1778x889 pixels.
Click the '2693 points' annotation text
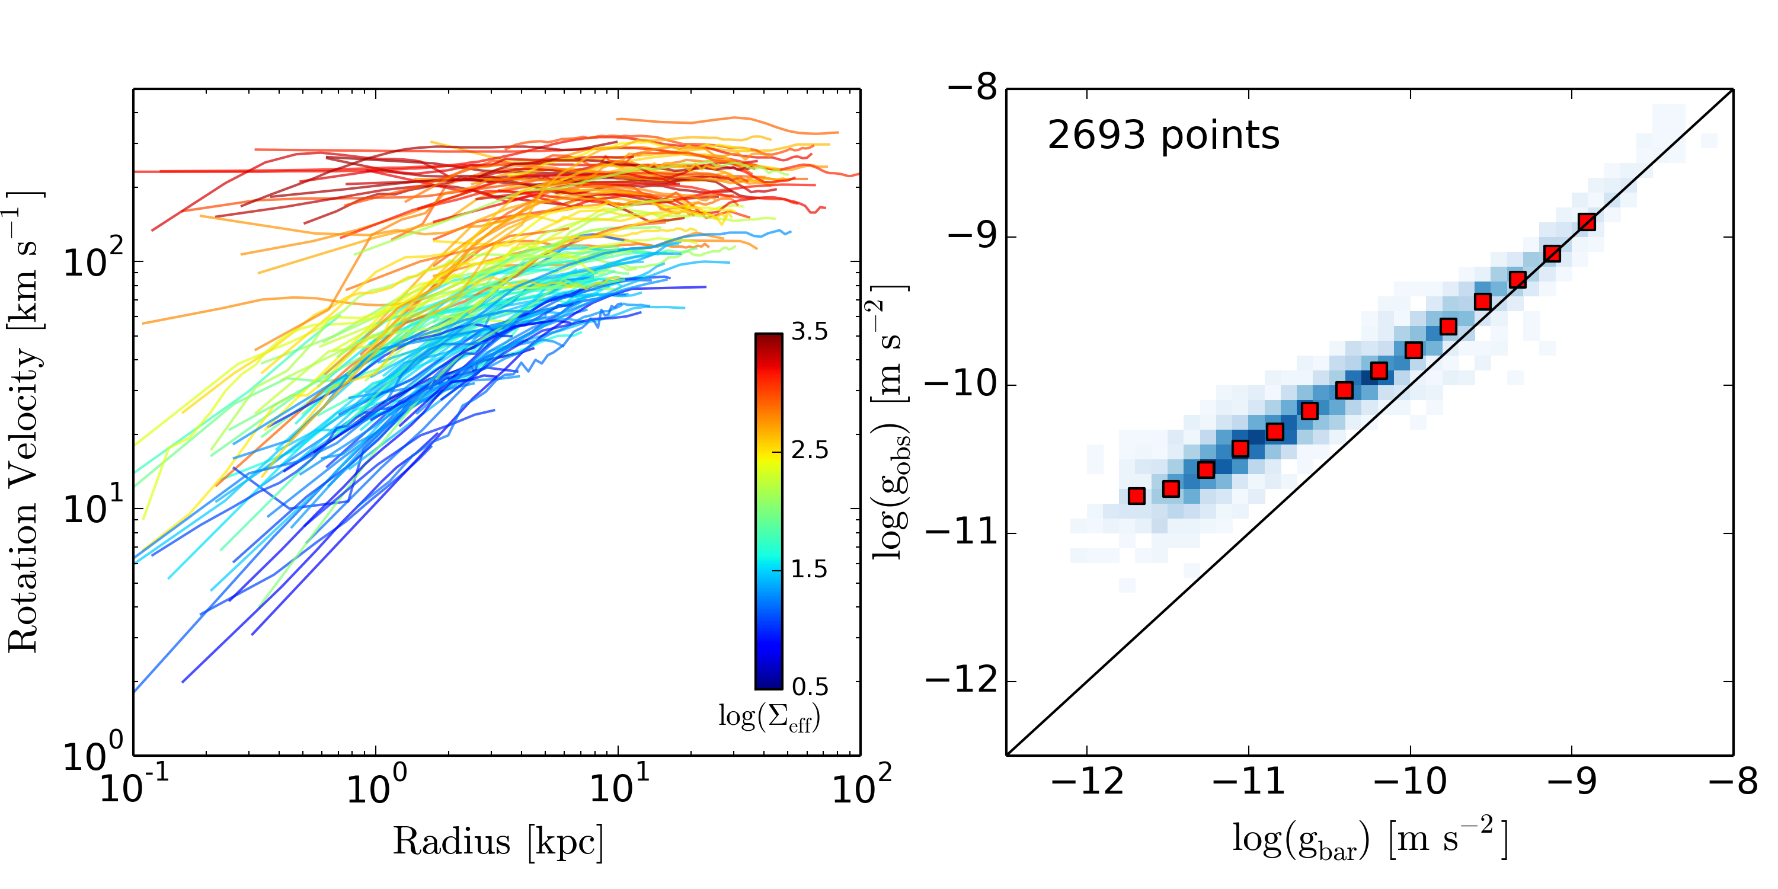click(1163, 135)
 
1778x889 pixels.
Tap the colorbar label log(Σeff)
click(769, 717)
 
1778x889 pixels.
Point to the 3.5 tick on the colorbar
click(810, 332)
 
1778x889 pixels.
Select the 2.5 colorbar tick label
click(810, 450)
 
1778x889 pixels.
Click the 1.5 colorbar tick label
click(810, 570)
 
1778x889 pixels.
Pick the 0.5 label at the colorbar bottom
click(810, 687)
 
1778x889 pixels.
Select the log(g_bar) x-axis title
click(1370, 839)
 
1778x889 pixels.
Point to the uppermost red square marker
click(1587, 222)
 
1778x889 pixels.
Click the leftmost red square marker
click(1137, 495)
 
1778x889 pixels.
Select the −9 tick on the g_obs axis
click(973, 236)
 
